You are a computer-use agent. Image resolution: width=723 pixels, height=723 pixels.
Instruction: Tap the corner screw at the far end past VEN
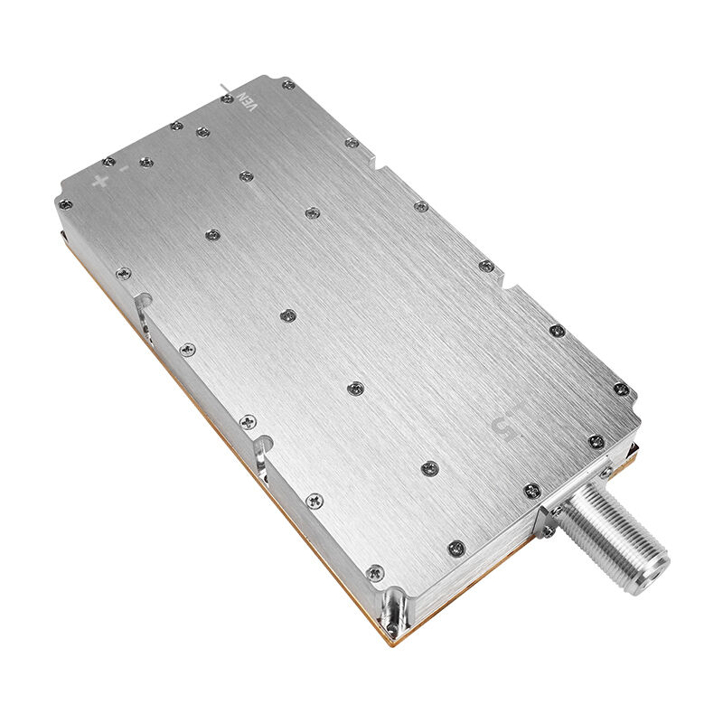click(287, 85)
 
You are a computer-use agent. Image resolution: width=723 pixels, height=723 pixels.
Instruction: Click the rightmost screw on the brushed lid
click(620, 390)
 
